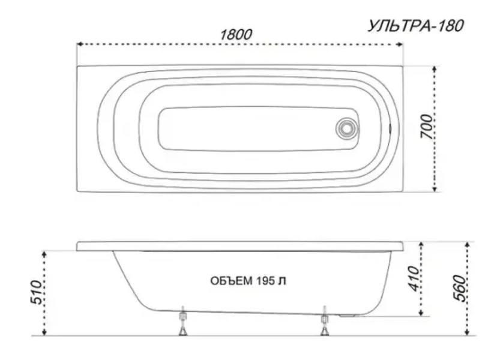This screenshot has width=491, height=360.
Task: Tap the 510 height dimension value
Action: coord(34,292)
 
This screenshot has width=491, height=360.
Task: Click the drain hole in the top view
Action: coord(346,128)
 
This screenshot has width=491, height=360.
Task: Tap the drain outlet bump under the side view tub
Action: coord(348,314)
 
